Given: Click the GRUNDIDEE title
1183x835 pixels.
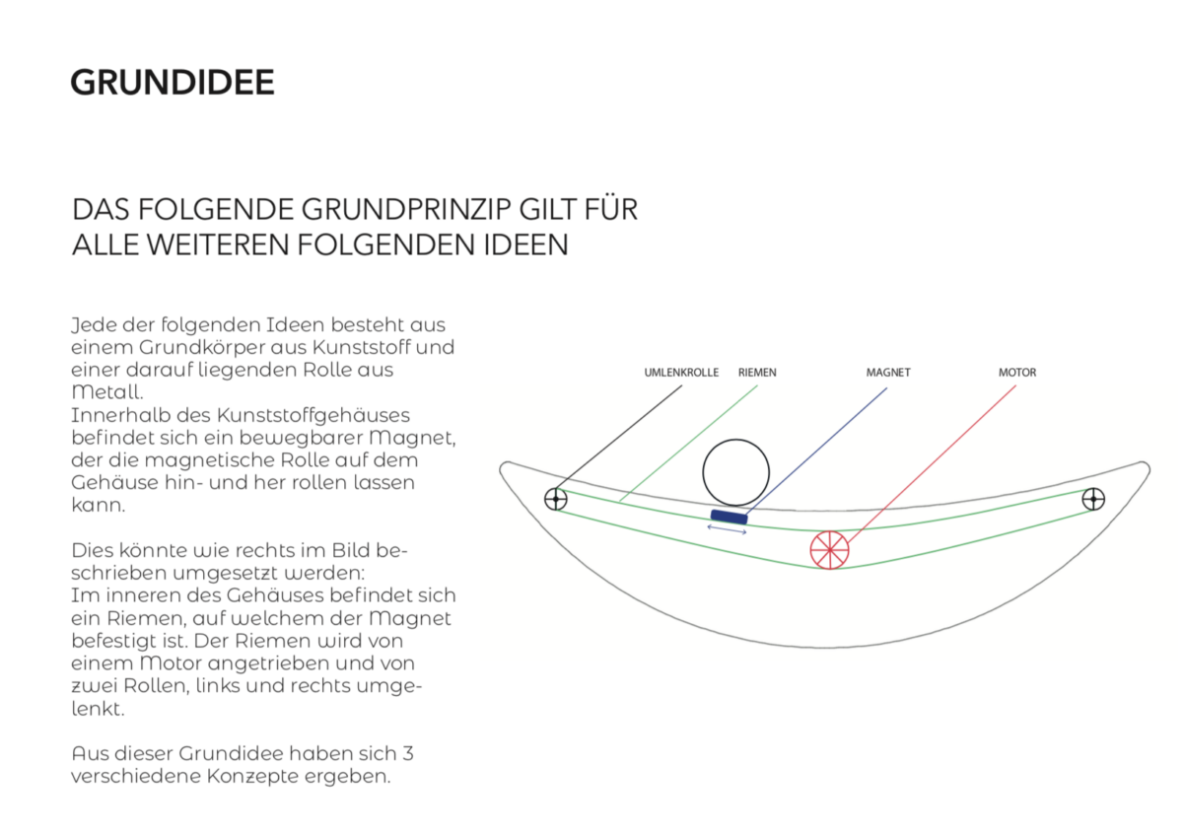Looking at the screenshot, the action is coord(173,83).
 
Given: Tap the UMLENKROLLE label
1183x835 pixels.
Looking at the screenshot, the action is coord(681,373).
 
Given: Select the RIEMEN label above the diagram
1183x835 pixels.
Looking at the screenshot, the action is coord(757,373).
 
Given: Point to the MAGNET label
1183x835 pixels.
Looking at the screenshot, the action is coord(888,373).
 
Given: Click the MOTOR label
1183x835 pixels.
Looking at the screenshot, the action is coord(1017,373).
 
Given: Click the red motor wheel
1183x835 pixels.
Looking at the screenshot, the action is coord(830,550).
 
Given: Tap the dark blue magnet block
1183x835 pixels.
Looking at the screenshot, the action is coord(730,517).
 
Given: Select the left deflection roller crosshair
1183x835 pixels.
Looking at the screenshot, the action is coord(556,499).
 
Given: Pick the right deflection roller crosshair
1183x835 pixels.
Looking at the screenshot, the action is coord(1093,499).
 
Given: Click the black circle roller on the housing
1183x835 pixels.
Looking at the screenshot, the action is coord(735,440).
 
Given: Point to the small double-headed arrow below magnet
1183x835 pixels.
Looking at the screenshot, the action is coord(727,529).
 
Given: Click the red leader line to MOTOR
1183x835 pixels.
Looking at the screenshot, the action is coord(932,464).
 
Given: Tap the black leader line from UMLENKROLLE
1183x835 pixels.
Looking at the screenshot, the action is coord(618,442).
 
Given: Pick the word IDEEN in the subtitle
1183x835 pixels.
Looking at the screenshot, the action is coord(526,244).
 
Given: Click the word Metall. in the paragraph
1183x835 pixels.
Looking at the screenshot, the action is coord(107,392).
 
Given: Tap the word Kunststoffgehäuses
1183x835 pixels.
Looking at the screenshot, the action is coord(313,416).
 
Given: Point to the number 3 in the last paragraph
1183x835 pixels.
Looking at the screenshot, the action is coord(407,753).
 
